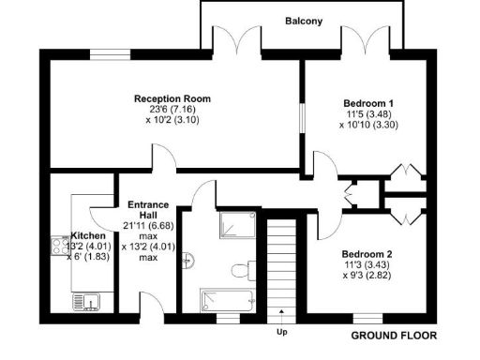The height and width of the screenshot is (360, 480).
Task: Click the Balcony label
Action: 305,20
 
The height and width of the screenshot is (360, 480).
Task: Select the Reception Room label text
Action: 172,98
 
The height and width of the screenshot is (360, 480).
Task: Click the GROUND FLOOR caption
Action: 393,335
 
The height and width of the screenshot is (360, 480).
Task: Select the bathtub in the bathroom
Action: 226,301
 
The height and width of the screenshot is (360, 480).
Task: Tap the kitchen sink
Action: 87,301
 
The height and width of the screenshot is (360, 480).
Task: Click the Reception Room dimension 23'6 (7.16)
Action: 172,110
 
